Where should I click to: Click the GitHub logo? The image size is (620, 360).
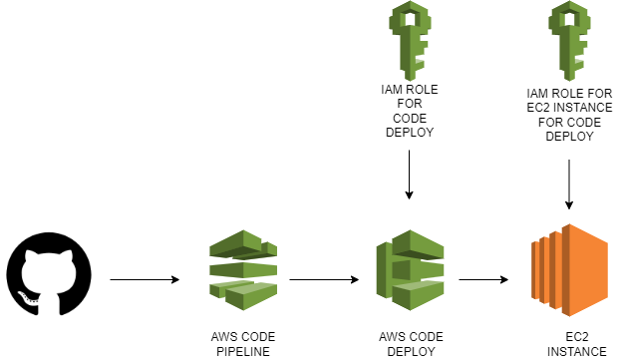(49, 274)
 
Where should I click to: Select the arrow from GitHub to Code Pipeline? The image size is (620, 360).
(145, 280)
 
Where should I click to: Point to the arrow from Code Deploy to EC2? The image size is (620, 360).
(488, 280)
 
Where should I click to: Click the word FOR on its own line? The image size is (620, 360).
(409, 102)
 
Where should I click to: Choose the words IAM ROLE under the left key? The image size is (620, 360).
(409, 88)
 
